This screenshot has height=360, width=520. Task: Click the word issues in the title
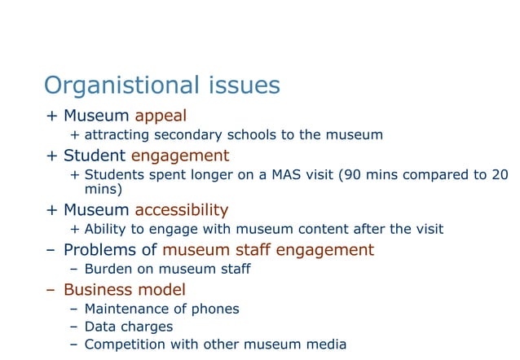pyautogui.click(x=244, y=86)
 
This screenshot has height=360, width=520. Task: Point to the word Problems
pyautogui.click(x=102, y=249)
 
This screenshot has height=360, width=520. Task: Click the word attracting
pyautogui.click(x=118, y=135)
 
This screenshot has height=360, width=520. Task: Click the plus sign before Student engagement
pyautogui.click(x=51, y=156)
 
